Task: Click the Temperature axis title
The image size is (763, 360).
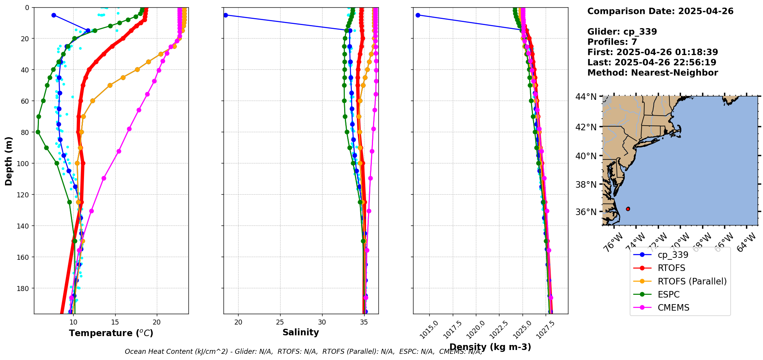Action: pyautogui.click(x=111, y=333)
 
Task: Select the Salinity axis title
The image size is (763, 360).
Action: pyautogui.click(x=301, y=332)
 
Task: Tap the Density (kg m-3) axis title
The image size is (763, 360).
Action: pyautogui.click(x=490, y=347)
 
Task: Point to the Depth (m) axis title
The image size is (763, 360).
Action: pyautogui.click(x=8, y=161)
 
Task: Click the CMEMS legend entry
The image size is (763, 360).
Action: pyautogui.click(x=673, y=308)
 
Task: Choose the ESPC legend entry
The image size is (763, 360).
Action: pyautogui.click(x=669, y=294)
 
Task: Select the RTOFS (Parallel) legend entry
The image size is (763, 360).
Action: pyautogui.click(x=692, y=281)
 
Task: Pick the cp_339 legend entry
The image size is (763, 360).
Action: pyautogui.click(x=673, y=255)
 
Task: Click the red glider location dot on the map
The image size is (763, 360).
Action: pyautogui.click(x=628, y=209)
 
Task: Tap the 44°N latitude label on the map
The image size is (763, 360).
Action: pyautogui.click(x=586, y=96)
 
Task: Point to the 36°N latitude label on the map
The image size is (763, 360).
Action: pyautogui.click(x=586, y=212)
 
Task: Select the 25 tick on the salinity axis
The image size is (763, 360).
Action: pyautogui.click(x=280, y=322)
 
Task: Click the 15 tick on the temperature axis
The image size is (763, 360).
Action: pyautogui.click(x=115, y=322)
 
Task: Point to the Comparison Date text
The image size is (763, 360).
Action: pyautogui.click(x=660, y=11)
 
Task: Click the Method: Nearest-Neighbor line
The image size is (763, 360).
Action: pyautogui.click(x=652, y=73)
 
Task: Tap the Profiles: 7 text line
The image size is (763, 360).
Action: pyautogui.click(x=612, y=42)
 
